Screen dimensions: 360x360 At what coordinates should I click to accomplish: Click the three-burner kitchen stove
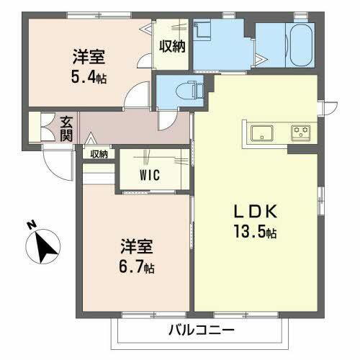tap(300, 132)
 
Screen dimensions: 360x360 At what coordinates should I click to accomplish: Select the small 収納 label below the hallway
tap(99, 153)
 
